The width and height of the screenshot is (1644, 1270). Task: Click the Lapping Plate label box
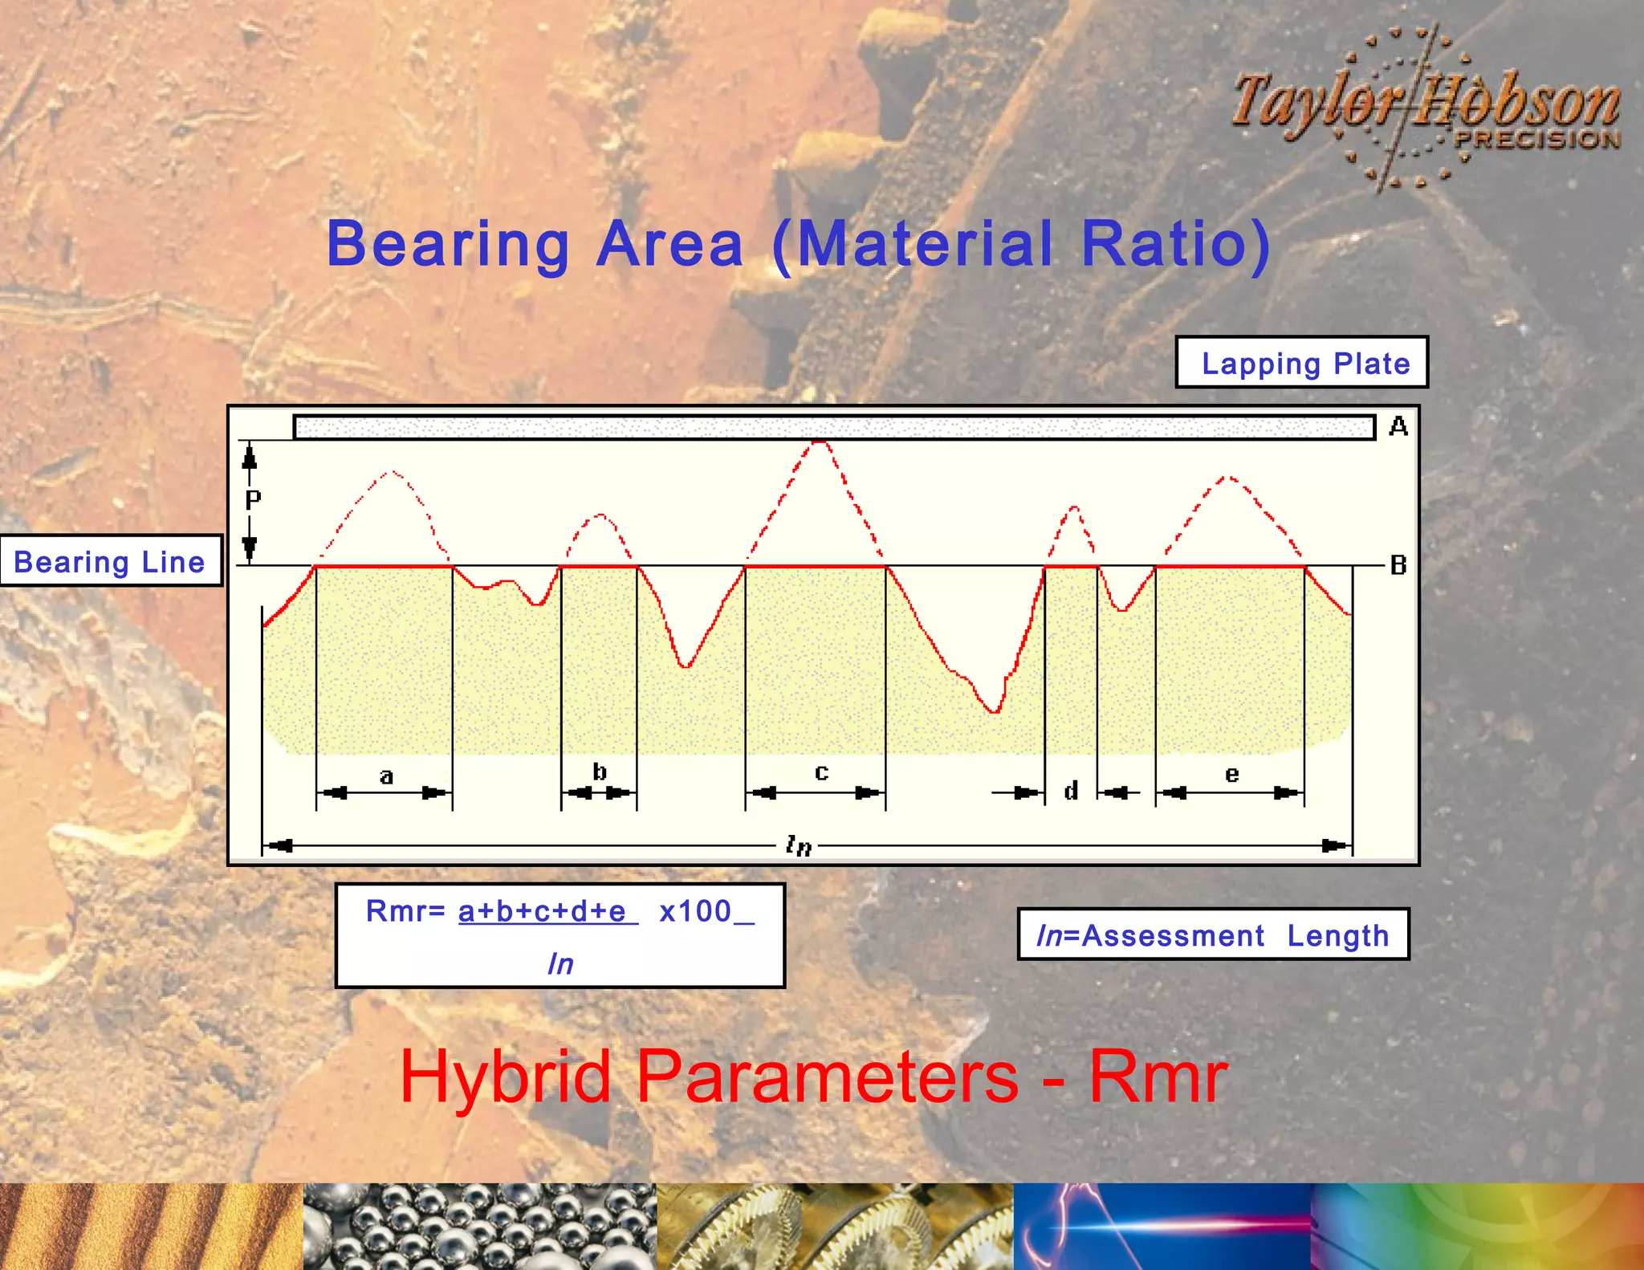point(1301,363)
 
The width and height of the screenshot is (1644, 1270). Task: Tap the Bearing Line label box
point(110,561)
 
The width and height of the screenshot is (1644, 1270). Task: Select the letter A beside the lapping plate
point(1398,426)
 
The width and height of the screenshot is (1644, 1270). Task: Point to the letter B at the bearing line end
point(1398,565)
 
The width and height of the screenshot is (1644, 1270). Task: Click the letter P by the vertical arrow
point(253,501)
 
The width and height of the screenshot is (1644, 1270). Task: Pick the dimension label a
point(386,776)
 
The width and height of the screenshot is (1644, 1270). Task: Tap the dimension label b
point(600,772)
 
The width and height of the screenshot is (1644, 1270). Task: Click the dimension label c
point(821,772)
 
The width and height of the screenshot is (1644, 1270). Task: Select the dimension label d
point(1071,792)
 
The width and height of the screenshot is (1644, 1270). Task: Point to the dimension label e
point(1231,775)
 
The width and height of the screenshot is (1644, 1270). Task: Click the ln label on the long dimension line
point(799,845)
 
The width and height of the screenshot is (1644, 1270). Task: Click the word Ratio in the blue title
point(1175,244)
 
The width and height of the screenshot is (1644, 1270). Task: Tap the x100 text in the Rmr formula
point(695,911)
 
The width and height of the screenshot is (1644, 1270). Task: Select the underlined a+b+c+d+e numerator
point(543,912)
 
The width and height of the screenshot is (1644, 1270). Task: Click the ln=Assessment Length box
point(1213,934)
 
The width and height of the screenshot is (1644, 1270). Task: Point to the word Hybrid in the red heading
point(505,1077)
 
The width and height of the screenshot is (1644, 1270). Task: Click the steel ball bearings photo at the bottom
point(479,1226)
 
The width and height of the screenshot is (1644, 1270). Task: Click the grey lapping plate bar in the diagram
point(834,427)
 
